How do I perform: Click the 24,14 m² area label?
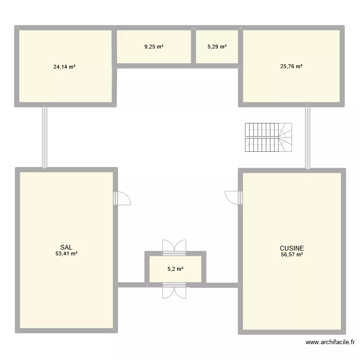[64, 67]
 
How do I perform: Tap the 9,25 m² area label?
[154, 47]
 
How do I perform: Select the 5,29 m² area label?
[217, 47]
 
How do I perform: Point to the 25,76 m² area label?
[291, 66]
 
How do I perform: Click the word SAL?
[66, 248]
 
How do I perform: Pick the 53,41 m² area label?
[66, 254]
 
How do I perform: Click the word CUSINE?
[292, 248]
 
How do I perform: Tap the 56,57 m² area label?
[292, 254]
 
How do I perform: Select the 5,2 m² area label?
[175, 269]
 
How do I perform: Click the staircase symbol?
[268, 137]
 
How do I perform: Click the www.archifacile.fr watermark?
[330, 342]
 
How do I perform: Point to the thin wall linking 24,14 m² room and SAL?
[45, 137]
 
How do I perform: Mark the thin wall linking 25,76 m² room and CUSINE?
[308, 137]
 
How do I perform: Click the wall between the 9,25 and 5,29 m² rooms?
[193, 47]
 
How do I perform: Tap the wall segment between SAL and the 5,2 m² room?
[131, 285]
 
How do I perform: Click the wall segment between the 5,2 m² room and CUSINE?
[222, 285]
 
